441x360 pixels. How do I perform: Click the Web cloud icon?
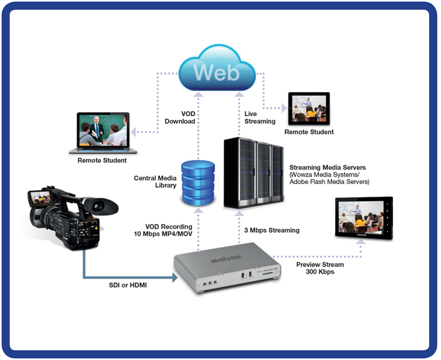217,68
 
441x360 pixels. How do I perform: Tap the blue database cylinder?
198,183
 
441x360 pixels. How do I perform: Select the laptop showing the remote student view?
103,133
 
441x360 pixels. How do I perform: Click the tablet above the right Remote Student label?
309,108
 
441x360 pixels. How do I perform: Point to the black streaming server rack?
254,173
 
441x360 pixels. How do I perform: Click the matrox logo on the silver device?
226,258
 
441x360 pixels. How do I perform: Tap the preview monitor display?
364,218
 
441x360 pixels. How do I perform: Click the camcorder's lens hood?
102,207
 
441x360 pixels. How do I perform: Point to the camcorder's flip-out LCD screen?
39,197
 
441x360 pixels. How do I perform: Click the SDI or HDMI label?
128,285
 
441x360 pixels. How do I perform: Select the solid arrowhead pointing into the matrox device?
175,277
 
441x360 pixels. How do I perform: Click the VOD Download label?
180,117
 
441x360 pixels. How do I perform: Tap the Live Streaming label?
260,117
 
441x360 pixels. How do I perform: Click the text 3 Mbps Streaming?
272,230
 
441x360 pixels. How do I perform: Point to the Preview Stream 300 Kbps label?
320,268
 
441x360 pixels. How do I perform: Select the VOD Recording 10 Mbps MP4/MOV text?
163,230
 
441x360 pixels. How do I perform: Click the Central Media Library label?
155,182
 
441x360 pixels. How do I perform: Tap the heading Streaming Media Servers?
328,168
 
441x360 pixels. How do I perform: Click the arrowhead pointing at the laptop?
134,132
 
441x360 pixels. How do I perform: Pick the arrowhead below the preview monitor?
361,241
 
